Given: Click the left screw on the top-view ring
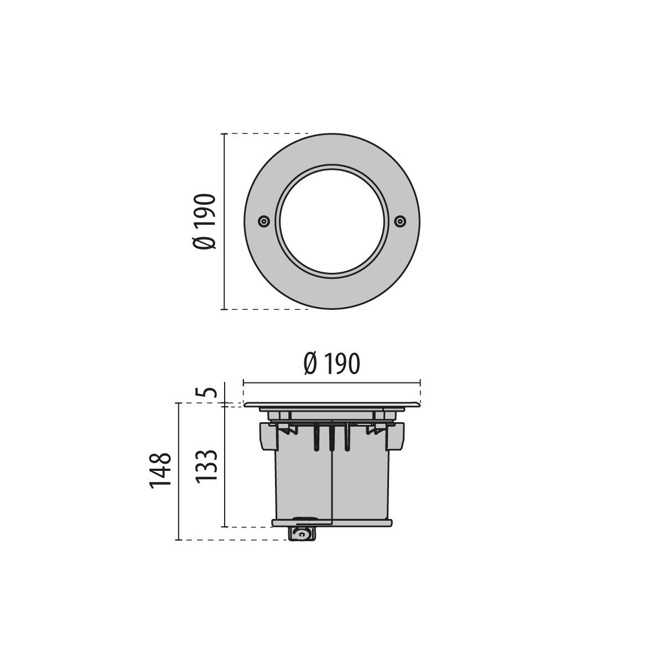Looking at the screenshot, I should pos(264,221).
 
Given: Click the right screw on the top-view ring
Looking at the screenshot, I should pos(400,221).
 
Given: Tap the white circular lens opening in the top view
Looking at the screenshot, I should pos(331,221).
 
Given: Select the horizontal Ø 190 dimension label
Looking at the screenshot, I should pos(331,364).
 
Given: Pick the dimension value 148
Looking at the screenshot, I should pos(159,471).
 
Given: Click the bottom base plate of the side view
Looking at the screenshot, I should pos(331,522).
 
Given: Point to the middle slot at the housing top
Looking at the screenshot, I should pos(331,437).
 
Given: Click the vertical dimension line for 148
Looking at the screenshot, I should pos(178,471).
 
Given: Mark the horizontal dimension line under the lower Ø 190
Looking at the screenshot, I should pos(331,381).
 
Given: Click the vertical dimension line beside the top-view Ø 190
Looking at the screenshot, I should pos(224,221).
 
